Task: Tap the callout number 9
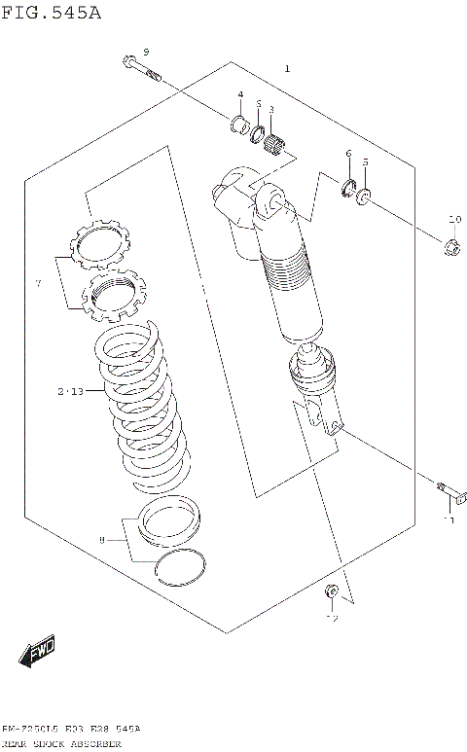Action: tap(146, 52)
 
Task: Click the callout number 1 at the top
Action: tap(286, 69)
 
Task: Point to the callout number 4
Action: tap(239, 94)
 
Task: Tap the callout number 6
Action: tap(347, 155)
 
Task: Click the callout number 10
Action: tap(454, 218)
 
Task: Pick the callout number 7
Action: tap(38, 283)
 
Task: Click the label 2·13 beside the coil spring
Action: tap(71, 391)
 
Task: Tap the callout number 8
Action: tap(100, 539)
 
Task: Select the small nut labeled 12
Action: tap(331, 591)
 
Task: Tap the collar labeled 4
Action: tap(235, 123)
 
